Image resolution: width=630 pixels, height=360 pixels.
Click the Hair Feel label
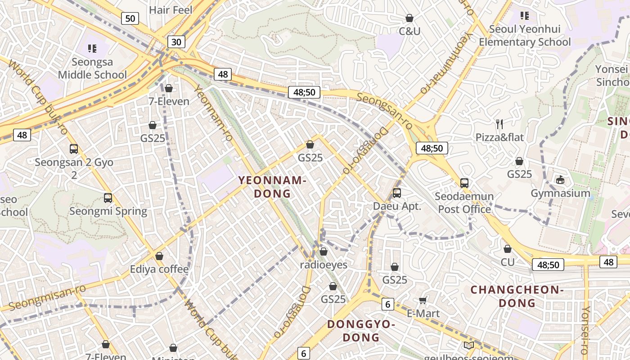(x=171, y=10)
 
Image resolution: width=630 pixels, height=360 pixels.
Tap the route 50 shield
(x=130, y=18)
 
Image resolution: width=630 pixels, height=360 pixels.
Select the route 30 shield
(x=176, y=42)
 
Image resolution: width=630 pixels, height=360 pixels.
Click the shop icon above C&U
(x=409, y=18)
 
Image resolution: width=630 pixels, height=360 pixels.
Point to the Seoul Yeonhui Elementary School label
(x=525, y=36)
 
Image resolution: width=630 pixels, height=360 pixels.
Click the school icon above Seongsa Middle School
(x=92, y=48)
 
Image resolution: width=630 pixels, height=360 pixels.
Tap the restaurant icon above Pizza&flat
(x=499, y=124)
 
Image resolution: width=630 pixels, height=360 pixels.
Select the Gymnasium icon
(x=560, y=180)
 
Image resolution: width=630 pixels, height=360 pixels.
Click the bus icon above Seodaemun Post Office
(x=464, y=183)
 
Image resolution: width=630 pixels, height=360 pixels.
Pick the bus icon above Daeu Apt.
(x=397, y=193)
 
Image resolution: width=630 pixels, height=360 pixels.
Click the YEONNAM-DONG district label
(x=272, y=187)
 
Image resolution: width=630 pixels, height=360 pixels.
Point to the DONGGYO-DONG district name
(x=361, y=331)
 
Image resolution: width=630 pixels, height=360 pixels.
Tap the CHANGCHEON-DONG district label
(x=517, y=296)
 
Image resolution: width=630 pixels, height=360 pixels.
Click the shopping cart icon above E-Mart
(x=423, y=300)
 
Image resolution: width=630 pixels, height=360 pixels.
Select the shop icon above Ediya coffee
(x=159, y=256)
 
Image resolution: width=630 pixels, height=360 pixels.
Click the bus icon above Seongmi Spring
(x=108, y=198)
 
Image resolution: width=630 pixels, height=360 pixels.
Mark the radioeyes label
(x=324, y=265)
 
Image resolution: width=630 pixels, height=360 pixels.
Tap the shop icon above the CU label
(x=508, y=249)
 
